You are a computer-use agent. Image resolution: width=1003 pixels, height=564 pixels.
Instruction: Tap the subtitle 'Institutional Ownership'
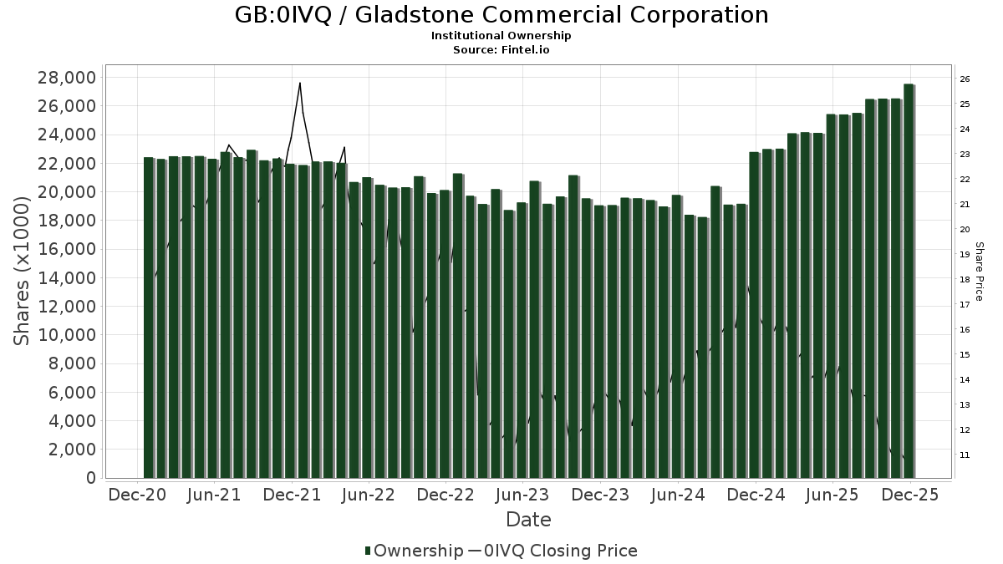[501, 36]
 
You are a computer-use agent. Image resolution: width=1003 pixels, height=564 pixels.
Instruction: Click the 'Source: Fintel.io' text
[501, 49]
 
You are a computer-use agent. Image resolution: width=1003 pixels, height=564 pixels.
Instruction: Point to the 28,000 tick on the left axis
[66, 78]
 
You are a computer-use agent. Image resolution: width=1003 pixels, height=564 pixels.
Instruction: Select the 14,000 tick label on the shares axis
[66, 278]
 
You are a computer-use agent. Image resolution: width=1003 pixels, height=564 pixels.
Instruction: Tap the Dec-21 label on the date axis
[292, 495]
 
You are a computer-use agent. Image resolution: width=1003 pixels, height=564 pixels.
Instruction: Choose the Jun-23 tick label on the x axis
[523, 495]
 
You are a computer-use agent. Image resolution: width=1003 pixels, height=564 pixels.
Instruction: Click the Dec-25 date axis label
[909, 495]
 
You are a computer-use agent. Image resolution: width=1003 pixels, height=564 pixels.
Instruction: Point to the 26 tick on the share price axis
[964, 79]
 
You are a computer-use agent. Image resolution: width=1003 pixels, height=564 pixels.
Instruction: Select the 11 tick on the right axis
[964, 455]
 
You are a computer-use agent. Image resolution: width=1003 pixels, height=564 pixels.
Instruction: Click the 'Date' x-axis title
[528, 520]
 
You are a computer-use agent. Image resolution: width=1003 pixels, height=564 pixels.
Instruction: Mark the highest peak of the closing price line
[299, 83]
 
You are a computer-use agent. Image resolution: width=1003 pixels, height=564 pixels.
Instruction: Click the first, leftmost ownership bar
[149, 318]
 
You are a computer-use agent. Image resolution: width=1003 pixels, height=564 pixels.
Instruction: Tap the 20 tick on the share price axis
[964, 230]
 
